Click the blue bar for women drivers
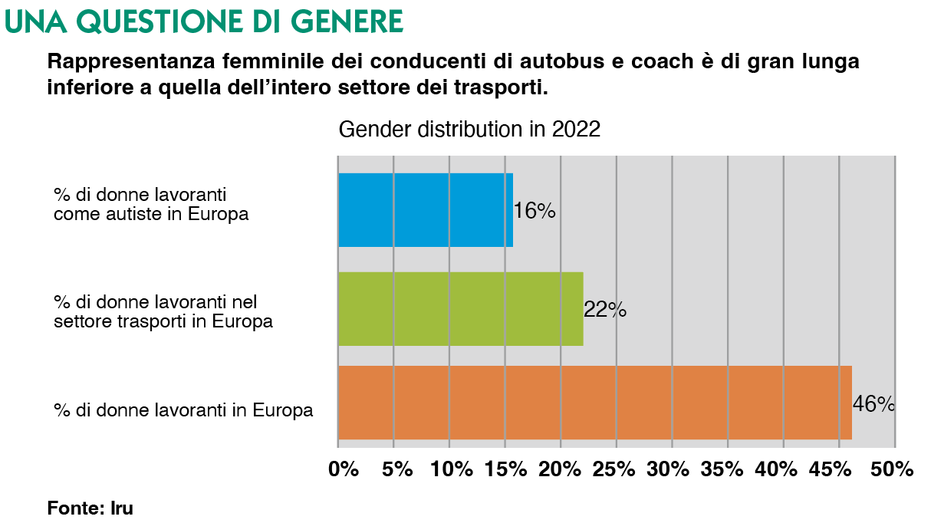[425, 210]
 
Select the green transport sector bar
[460, 309]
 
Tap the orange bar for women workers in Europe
[594, 403]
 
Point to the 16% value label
[534, 211]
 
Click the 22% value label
[605, 310]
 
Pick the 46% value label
[873, 403]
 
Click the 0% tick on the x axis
[344, 469]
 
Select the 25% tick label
[615, 469]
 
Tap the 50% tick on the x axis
[893, 469]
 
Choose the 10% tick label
[452, 469]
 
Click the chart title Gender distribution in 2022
[469, 130]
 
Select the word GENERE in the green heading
[354, 21]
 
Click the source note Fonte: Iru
[84, 507]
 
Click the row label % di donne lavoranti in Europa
[183, 410]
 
